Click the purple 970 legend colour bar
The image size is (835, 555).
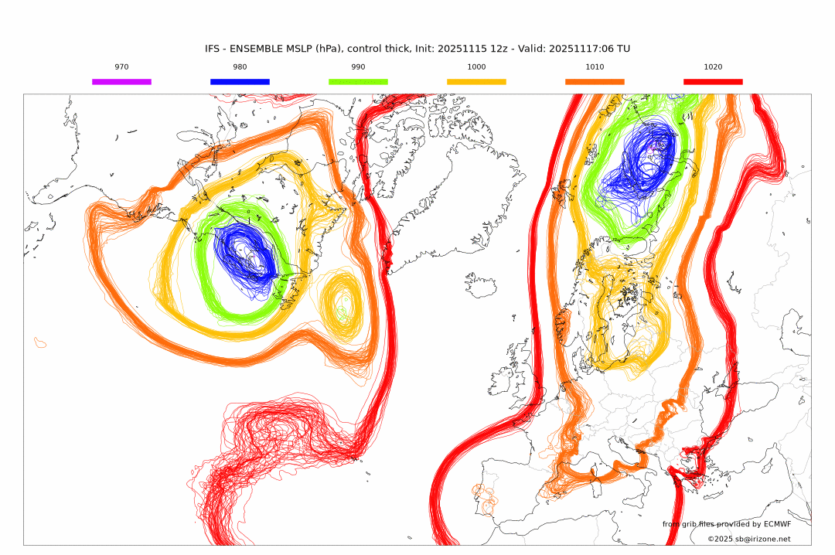tap(121, 81)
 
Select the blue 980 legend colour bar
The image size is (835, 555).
tap(240, 81)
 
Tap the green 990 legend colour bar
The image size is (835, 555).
tap(358, 81)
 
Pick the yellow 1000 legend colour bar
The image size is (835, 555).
tap(476, 81)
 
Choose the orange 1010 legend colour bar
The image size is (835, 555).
tap(595, 81)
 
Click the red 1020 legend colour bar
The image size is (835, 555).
tap(713, 81)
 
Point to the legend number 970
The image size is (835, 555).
tap(121, 67)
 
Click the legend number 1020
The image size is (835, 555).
tap(713, 67)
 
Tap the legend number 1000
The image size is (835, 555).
tap(476, 67)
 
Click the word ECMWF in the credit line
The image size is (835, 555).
tap(775, 524)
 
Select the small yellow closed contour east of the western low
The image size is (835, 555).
tap(341, 306)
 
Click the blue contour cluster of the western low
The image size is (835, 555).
tap(247, 259)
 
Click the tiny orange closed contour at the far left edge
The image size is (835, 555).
tap(40, 341)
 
